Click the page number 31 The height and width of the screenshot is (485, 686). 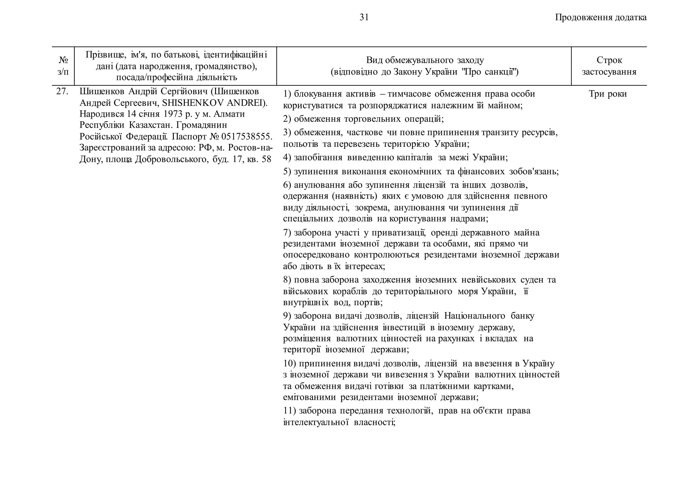(x=364, y=17)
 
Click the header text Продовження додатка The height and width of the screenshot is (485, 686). (x=601, y=17)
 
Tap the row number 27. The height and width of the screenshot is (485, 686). (x=62, y=92)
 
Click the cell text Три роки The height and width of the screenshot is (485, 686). (x=608, y=94)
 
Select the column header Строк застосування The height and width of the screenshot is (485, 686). (x=609, y=66)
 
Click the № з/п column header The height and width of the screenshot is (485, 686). (x=63, y=66)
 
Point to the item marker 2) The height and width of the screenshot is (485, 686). (x=287, y=119)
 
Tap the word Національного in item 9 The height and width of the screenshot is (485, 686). (x=475, y=316)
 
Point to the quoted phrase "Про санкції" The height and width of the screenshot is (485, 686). (x=490, y=72)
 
